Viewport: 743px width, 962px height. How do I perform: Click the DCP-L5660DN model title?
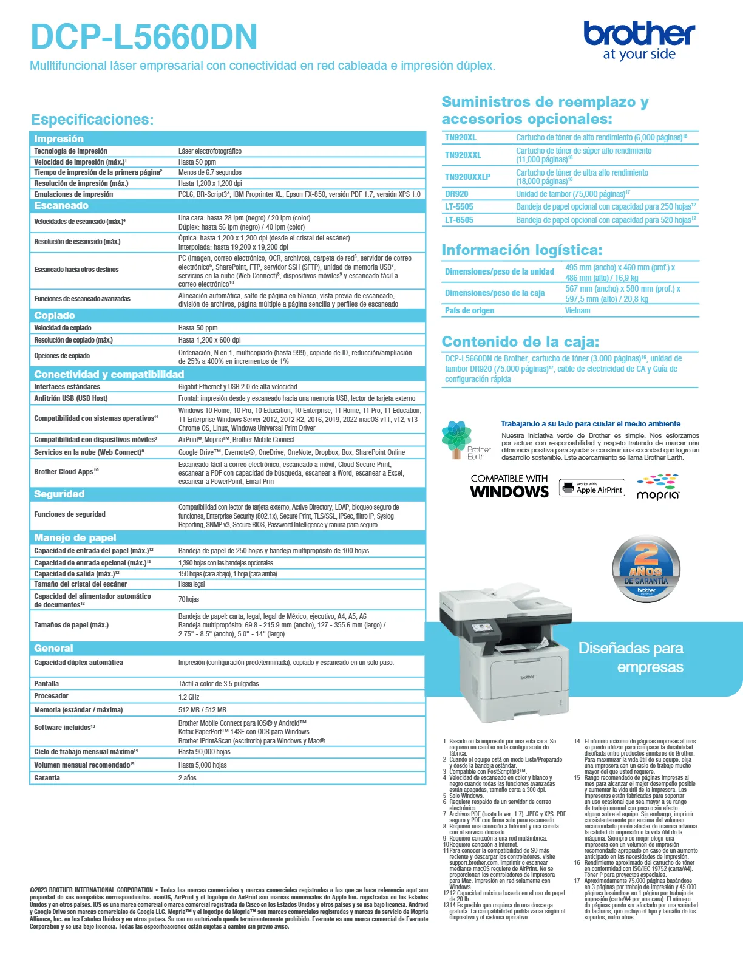click(144, 37)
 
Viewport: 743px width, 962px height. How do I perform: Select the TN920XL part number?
click(461, 138)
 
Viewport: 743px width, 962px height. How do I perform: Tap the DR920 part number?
click(456, 194)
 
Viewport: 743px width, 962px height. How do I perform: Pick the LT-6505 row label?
click(459, 220)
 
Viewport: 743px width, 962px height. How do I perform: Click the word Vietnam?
click(577, 311)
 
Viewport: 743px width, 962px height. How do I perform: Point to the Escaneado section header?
click(61, 206)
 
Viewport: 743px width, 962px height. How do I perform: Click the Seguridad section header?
click(59, 494)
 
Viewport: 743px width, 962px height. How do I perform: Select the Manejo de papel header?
click(75, 538)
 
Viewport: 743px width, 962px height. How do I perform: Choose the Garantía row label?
click(47, 778)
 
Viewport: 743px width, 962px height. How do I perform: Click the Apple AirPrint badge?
click(592, 488)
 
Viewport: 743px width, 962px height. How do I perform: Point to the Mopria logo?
click(657, 488)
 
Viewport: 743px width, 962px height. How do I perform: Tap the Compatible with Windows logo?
click(509, 486)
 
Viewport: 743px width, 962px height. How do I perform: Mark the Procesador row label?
click(52, 696)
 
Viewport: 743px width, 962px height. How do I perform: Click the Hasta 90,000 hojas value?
click(205, 752)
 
